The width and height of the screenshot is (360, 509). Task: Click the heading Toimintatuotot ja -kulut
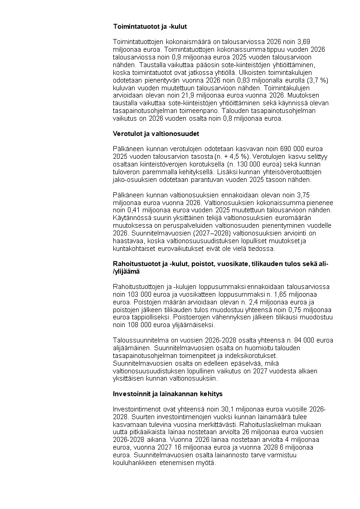tap(150, 27)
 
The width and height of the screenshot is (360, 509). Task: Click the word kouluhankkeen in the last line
tap(135, 463)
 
